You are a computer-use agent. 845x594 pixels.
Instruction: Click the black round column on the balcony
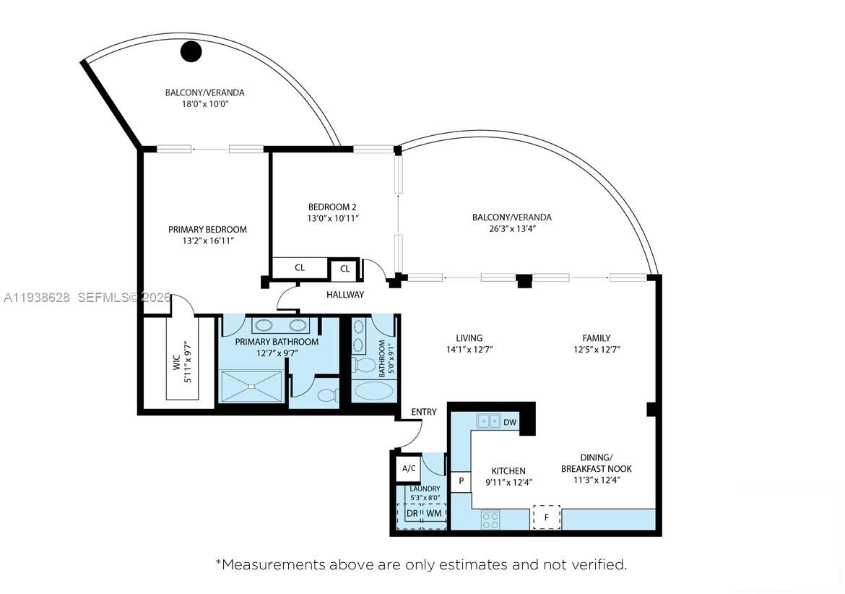[x=191, y=51]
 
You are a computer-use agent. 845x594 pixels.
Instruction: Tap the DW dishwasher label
[x=510, y=422]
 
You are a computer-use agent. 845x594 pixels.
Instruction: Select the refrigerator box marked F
[x=546, y=517]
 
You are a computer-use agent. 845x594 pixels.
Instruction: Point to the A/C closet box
[x=409, y=468]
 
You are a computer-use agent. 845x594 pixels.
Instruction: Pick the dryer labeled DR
[x=411, y=514]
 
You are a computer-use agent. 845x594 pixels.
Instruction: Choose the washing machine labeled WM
[x=434, y=514]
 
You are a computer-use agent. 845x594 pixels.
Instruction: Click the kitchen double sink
[x=487, y=421]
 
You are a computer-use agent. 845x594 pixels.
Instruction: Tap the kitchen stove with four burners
[x=491, y=518]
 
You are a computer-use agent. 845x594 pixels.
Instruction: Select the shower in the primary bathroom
[x=251, y=386]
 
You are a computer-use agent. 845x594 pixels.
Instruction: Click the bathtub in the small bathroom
[x=373, y=391]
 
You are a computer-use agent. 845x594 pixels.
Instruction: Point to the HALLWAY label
[x=345, y=295]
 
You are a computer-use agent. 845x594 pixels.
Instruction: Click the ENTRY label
[x=424, y=412]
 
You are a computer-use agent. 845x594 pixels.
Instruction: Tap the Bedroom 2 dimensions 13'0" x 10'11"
[x=334, y=218]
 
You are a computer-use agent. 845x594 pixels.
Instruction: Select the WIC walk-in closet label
[x=176, y=362]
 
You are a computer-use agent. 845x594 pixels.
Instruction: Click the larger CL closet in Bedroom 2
[x=300, y=268]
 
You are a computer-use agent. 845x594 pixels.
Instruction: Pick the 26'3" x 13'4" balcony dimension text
[x=511, y=228]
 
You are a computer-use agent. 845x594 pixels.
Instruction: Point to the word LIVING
[x=469, y=337]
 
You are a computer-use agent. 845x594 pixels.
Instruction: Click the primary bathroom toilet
[x=327, y=395]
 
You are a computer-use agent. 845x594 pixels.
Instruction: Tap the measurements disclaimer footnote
[x=422, y=564]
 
